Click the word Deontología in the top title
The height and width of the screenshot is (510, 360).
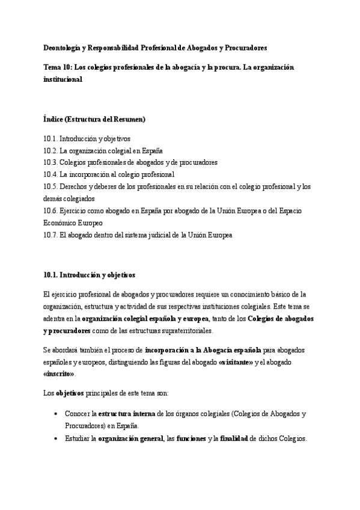[x=63, y=47]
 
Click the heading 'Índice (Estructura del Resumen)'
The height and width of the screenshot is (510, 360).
[x=94, y=119]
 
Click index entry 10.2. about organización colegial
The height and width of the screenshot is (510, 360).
[x=103, y=150]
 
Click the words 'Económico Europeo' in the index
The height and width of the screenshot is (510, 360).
[x=69, y=223]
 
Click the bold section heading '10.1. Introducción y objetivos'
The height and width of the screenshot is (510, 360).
[x=90, y=275]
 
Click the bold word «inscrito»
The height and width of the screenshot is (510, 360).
[x=59, y=373]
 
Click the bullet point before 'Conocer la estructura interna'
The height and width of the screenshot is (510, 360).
[x=55, y=414]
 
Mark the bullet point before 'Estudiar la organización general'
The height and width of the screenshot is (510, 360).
[x=55, y=439]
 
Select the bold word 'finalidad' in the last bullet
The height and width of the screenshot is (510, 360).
[x=234, y=439]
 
